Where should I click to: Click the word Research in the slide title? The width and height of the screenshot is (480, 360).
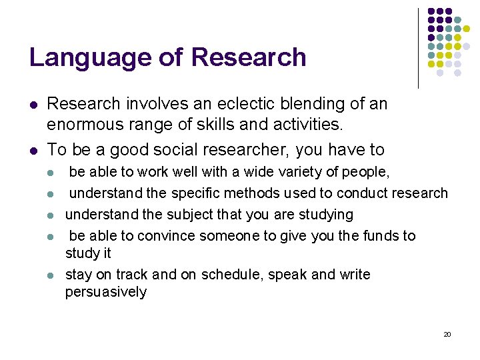pos(249,57)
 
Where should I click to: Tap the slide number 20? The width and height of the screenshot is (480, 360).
pos(447,334)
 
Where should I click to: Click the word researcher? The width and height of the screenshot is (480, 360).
pos(255,150)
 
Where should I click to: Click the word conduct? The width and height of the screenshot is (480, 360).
pos(363,193)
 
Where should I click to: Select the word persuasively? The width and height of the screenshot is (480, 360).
pos(106,292)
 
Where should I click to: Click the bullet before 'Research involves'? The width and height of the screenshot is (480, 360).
pos(33,105)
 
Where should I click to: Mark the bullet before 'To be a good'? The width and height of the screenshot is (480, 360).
pos(33,151)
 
